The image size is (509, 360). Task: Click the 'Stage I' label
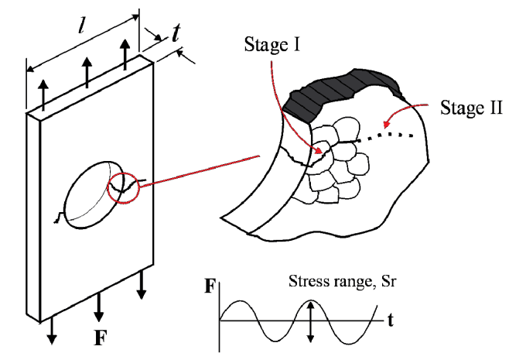coord(272,44)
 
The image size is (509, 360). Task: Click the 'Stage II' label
coord(471,107)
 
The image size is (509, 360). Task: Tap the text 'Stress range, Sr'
coord(342,281)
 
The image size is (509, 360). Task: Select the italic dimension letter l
coord(81,27)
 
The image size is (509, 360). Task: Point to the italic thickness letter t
coord(176,33)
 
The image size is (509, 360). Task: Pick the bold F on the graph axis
coord(210,286)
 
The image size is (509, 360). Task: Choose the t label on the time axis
coord(390,321)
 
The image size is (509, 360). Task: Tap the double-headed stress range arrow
coord(311,321)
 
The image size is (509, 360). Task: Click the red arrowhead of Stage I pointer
coord(319,150)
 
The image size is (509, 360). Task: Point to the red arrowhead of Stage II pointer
coord(387,125)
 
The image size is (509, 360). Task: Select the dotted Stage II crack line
coord(384,137)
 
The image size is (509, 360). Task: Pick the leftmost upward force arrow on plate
coord(43,95)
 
